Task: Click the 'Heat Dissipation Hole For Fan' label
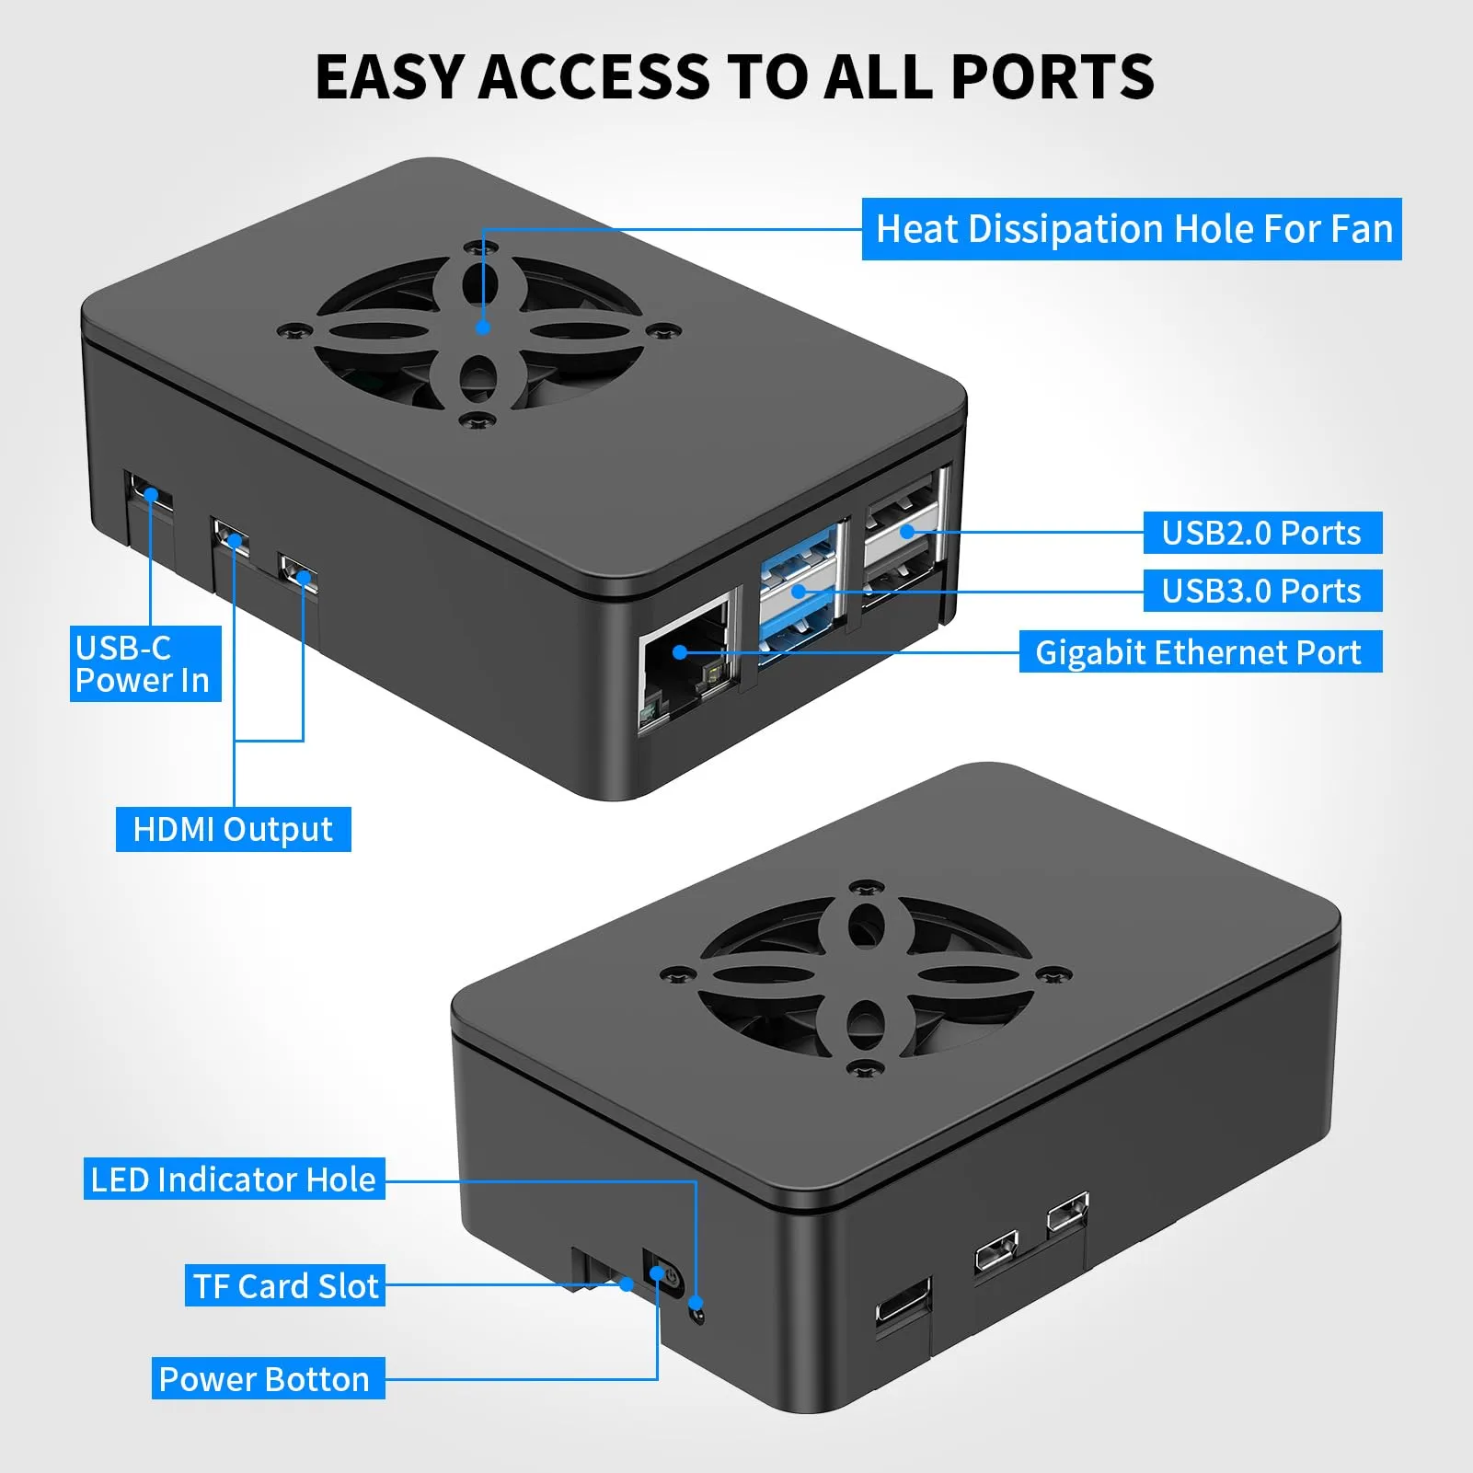(1132, 229)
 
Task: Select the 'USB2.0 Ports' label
(1262, 533)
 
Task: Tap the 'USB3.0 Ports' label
(1262, 591)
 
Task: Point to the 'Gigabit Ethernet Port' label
(1200, 651)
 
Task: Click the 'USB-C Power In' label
(145, 663)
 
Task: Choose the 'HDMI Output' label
(233, 829)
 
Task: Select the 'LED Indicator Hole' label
(234, 1179)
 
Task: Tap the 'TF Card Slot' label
(285, 1285)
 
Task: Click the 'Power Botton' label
(268, 1378)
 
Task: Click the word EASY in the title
(387, 76)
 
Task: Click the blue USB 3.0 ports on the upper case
(798, 589)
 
